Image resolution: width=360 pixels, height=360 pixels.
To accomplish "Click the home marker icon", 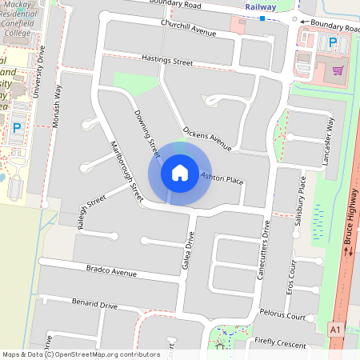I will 180,172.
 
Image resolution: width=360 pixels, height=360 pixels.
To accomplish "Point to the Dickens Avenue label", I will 206,138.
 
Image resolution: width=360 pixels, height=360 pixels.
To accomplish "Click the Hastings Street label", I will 167,61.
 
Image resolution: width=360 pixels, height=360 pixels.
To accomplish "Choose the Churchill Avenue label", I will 189,33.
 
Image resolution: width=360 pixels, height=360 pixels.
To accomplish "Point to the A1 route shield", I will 334,328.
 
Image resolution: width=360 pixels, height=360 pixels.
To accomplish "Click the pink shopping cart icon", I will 338,70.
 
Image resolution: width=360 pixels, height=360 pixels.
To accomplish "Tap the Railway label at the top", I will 261,6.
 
